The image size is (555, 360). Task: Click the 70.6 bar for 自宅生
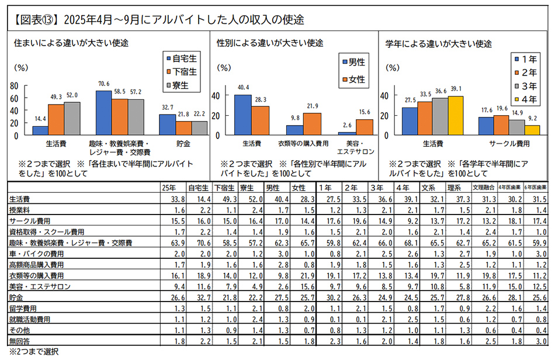[x=104, y=113]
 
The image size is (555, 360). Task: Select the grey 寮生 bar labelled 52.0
[x=72, y=119]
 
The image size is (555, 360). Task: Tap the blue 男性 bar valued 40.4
[x=242, y=115]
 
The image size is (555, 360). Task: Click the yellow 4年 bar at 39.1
[x=456, y=116]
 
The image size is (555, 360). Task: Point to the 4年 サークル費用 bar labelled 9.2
[x=532, y=130]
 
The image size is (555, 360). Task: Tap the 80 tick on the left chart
[x=15, y=86]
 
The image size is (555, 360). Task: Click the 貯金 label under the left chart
[x=175, y=142]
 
